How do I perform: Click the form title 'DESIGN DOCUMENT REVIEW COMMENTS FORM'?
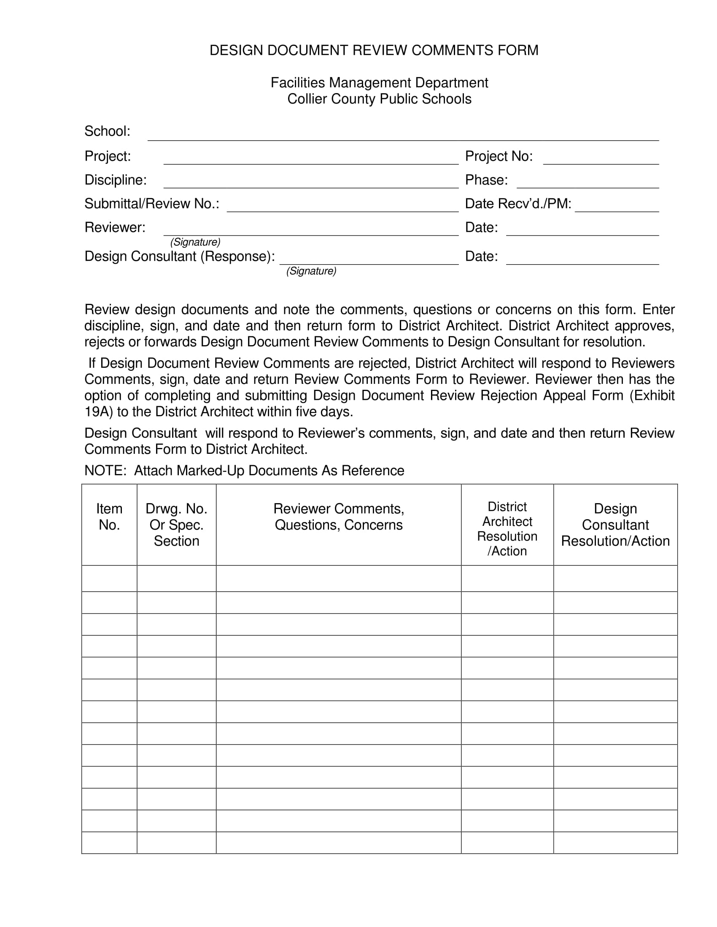tap(374, 51)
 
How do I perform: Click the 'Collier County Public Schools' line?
tap(379, 99)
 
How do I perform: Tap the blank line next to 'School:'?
tap(403, 135)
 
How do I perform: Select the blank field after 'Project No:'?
tap(601, 159)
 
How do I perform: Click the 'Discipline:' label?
tap(116, 180)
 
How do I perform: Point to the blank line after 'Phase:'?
tap(588, 182)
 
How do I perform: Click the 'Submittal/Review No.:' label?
tap(152, 204)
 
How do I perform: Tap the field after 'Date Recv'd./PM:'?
tap(616, 206)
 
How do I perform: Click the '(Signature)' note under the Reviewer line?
tap(195, 242)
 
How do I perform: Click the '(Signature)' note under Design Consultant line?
tap(311, 271)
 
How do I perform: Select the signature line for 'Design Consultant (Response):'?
tap(369, 259)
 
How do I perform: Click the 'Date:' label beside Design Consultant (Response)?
tap(481, 256)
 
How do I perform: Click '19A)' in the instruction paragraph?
tap(99, 412)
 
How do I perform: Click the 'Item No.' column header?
tap(109, 517)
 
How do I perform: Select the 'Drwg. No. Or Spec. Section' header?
tap(176, 525)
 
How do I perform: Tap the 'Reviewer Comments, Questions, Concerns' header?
tap(339, 517)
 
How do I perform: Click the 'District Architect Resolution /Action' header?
tap(507, 528)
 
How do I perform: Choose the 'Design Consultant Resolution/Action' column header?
tap(615, 525)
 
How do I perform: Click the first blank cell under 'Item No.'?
tap(109, 579)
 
